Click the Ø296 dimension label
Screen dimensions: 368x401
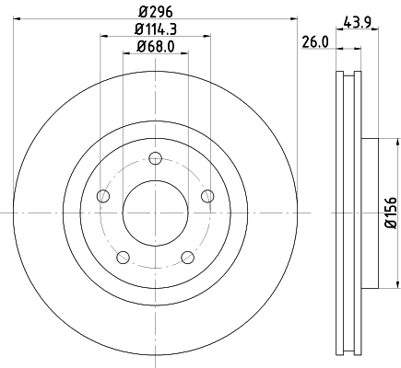[155, 10]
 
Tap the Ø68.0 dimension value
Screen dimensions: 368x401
[155, 47]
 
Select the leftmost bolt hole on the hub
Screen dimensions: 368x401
[102, 196]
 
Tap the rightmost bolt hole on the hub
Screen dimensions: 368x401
[207, 195]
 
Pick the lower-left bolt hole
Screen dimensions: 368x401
[123, 257]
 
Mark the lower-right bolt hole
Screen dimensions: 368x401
[187, 257]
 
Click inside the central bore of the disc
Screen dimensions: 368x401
[155, 213]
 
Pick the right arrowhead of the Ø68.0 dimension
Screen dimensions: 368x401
[185, 53]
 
